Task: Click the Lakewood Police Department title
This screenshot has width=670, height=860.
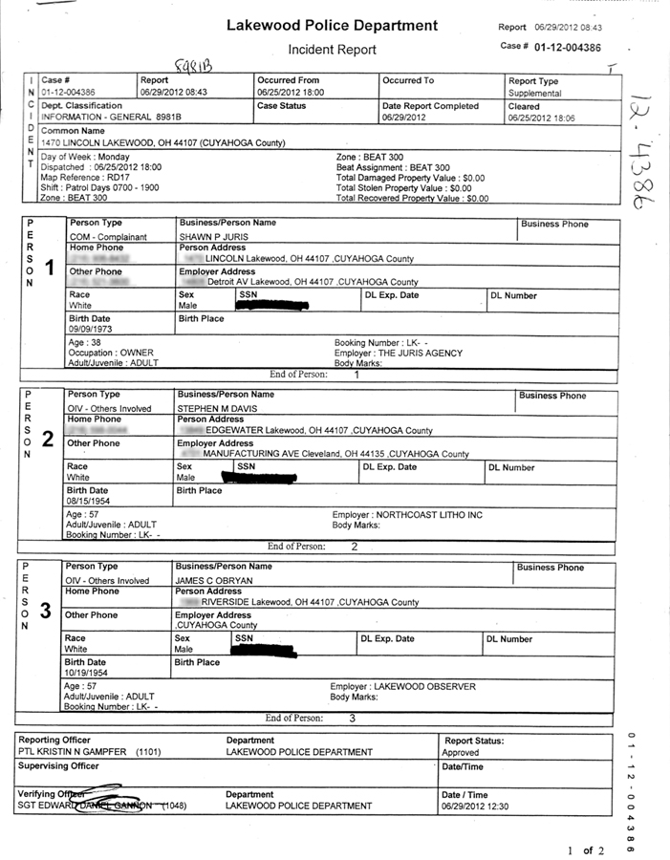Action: pyautogui.click(x=332, y=26)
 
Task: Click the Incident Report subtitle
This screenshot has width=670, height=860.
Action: pyautogui.click(x=332, y=50)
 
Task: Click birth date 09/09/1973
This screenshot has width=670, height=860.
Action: pyautogui.click(x=89, y=330)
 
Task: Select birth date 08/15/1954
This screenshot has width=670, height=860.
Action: pyautogui.click(x=89, y=501)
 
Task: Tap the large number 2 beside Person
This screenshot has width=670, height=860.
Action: pyautogui.click(x=47, y=440)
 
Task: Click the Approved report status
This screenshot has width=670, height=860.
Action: pyautogui.click(x=461, y=753)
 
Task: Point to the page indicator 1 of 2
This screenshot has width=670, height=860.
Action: pyautogui.click(x=580, y=849)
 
